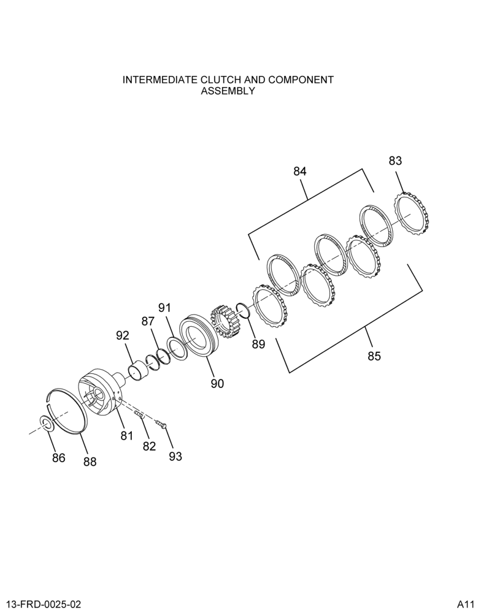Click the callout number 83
(395, 161)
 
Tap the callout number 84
(300, 171)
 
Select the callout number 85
(374, 356)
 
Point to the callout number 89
(258, 344)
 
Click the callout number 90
(217, 384)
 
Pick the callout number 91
(165, 308)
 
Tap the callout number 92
(122, 335)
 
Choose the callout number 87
(148, 321)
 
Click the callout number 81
(126, 435)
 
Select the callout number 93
(175, 456)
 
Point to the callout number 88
(90, 462)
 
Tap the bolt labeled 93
(161, 423)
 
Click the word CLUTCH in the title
(221, 80)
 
